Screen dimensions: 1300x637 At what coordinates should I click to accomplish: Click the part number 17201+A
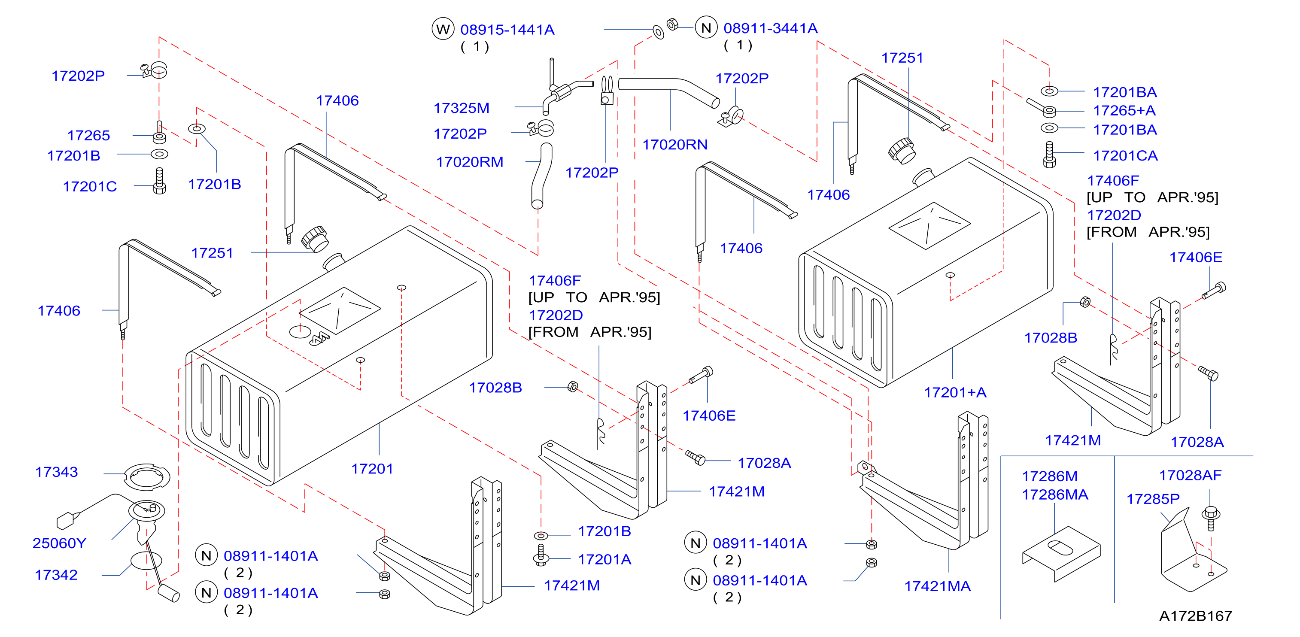[955, 392]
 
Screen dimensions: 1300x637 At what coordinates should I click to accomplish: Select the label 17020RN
[675, 145]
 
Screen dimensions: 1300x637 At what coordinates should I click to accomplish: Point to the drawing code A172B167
[1196, 616]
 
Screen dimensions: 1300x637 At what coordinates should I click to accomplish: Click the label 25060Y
[60, 543]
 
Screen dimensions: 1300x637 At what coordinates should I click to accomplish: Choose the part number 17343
[57, 472]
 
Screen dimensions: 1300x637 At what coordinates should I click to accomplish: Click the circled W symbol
[443, 29]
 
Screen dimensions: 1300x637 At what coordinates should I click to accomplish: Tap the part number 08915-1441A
[507, 30]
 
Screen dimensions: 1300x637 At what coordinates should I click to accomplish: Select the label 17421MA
[937, 586]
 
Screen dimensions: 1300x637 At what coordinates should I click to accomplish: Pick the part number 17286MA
[1055, 494]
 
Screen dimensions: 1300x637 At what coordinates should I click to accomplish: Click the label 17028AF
[1190, 476]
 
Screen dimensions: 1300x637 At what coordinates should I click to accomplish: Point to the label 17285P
[1153, 499]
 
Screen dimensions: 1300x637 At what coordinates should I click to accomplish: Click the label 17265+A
[1124, 111]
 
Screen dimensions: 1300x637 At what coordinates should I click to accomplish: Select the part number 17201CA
[1125, 155]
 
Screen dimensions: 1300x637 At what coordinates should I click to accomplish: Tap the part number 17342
[56, 575]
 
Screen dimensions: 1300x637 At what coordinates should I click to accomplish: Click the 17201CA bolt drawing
[1049, 155]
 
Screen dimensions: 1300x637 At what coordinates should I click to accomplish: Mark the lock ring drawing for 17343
[147, 477]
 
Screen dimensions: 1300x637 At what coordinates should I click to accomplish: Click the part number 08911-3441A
[770, 28]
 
